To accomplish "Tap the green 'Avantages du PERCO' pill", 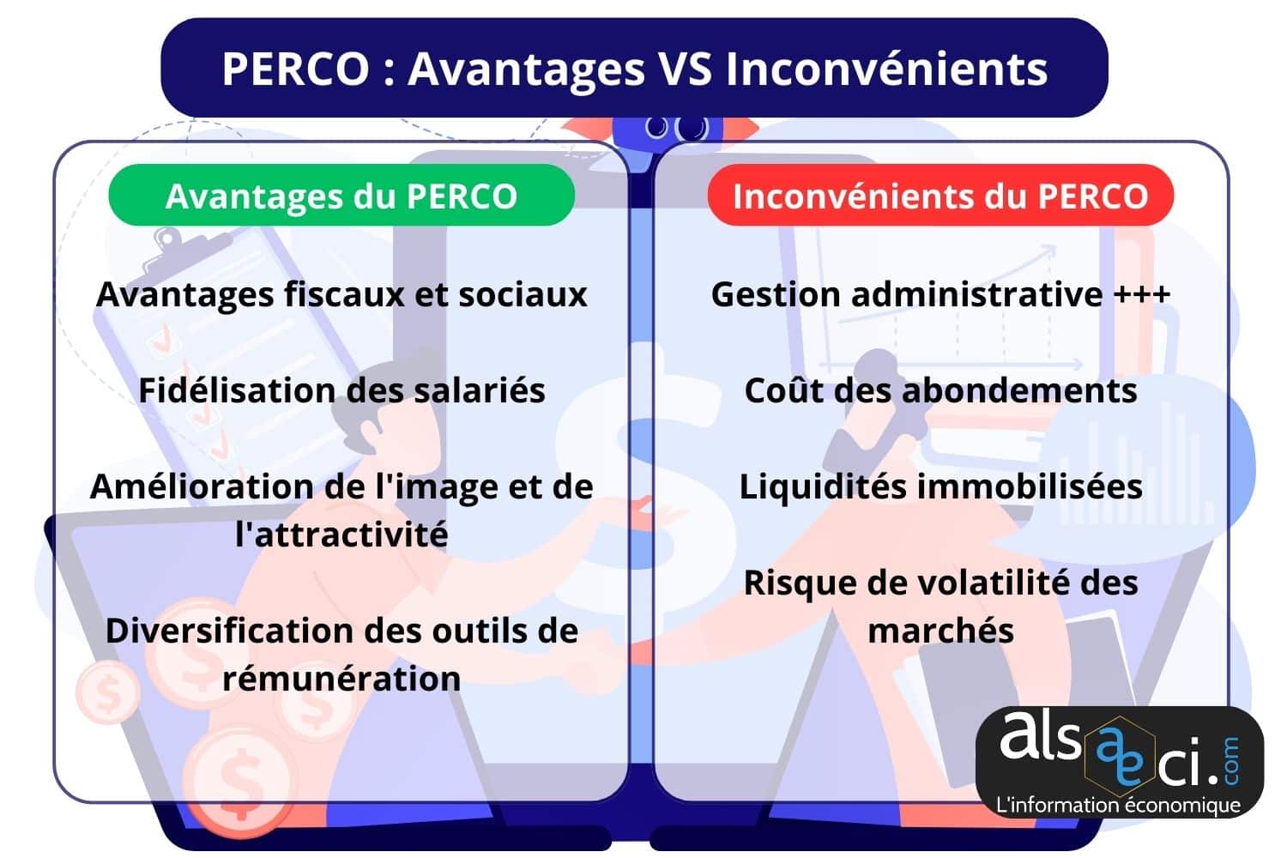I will click(x=341, y=196).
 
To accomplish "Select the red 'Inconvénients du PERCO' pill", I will click(x=940, y=196).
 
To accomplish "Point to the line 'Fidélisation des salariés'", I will click(x=341, y=390).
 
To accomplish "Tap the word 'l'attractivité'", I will click(x=341, y=535).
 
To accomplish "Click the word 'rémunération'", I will click(x=341, y=679).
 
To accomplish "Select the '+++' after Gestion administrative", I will click(x=1142, y=294).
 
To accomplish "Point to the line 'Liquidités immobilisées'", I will click(x=940, y=486).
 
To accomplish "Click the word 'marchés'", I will click(x=940, y=631).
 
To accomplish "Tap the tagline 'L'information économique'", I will click(x=1118, y=805).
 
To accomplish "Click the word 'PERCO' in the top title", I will click(x=295, y=69).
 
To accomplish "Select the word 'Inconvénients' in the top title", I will click(x=886, y=69).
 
